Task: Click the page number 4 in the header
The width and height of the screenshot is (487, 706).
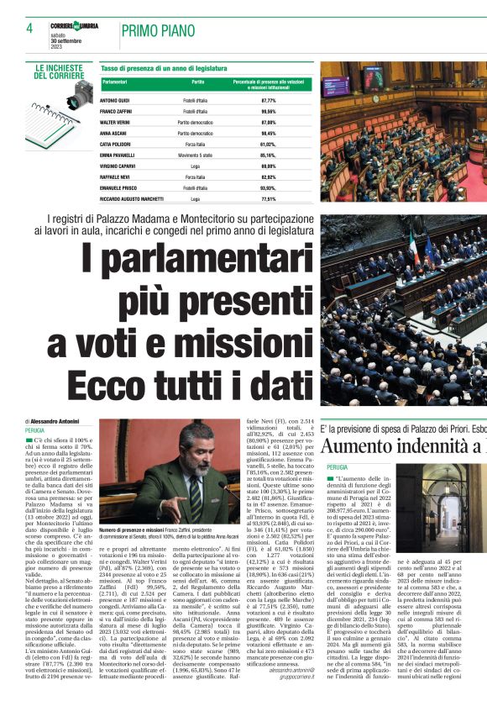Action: [29, 28]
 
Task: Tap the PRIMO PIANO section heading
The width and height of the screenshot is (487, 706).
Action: [154, 31]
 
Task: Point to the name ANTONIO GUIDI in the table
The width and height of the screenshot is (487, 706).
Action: [115, 100]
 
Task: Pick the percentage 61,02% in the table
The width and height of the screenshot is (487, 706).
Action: [269, 145]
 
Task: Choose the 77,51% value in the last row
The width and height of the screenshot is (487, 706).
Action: [269, 200]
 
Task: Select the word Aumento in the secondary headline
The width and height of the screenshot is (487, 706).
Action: [362, 446]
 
